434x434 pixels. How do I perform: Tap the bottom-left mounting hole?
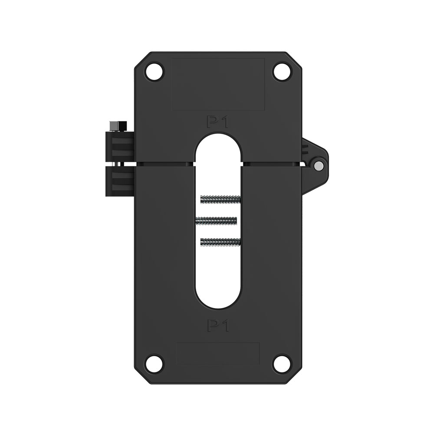click(154, 363)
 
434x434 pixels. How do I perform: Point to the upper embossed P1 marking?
click(218, 122)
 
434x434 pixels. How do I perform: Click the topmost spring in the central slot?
click(220, 200)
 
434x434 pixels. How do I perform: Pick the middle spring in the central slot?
click(216, 220)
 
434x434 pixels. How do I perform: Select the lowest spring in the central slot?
click(220, 240)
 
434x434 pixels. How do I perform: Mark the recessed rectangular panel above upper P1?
click(218, 84)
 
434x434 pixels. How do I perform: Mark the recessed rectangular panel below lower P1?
click(218, 353)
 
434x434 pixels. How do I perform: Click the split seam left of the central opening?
click(165, 164)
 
